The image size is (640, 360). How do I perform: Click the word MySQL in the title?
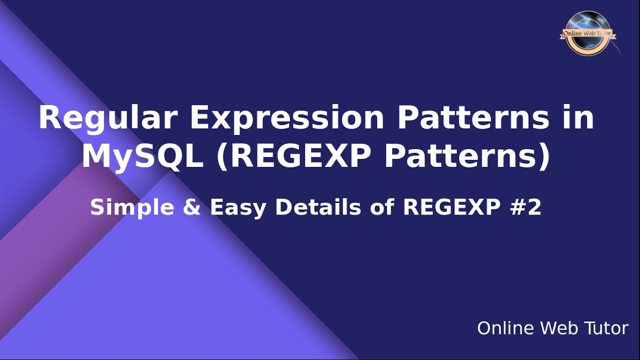[x=142, y=156]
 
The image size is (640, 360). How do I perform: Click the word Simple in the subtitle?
[x=131, y=207]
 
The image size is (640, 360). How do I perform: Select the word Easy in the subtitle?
[x=237, y=207]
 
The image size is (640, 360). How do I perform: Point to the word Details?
[x=318, y=207]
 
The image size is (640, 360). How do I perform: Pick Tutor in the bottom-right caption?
[x=606, y=328]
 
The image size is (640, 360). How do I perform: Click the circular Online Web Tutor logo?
[x=587, y=33]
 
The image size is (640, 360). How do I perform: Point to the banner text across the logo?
[x=587, y=34]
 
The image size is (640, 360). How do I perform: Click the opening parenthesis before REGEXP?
[x=222, y=157]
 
